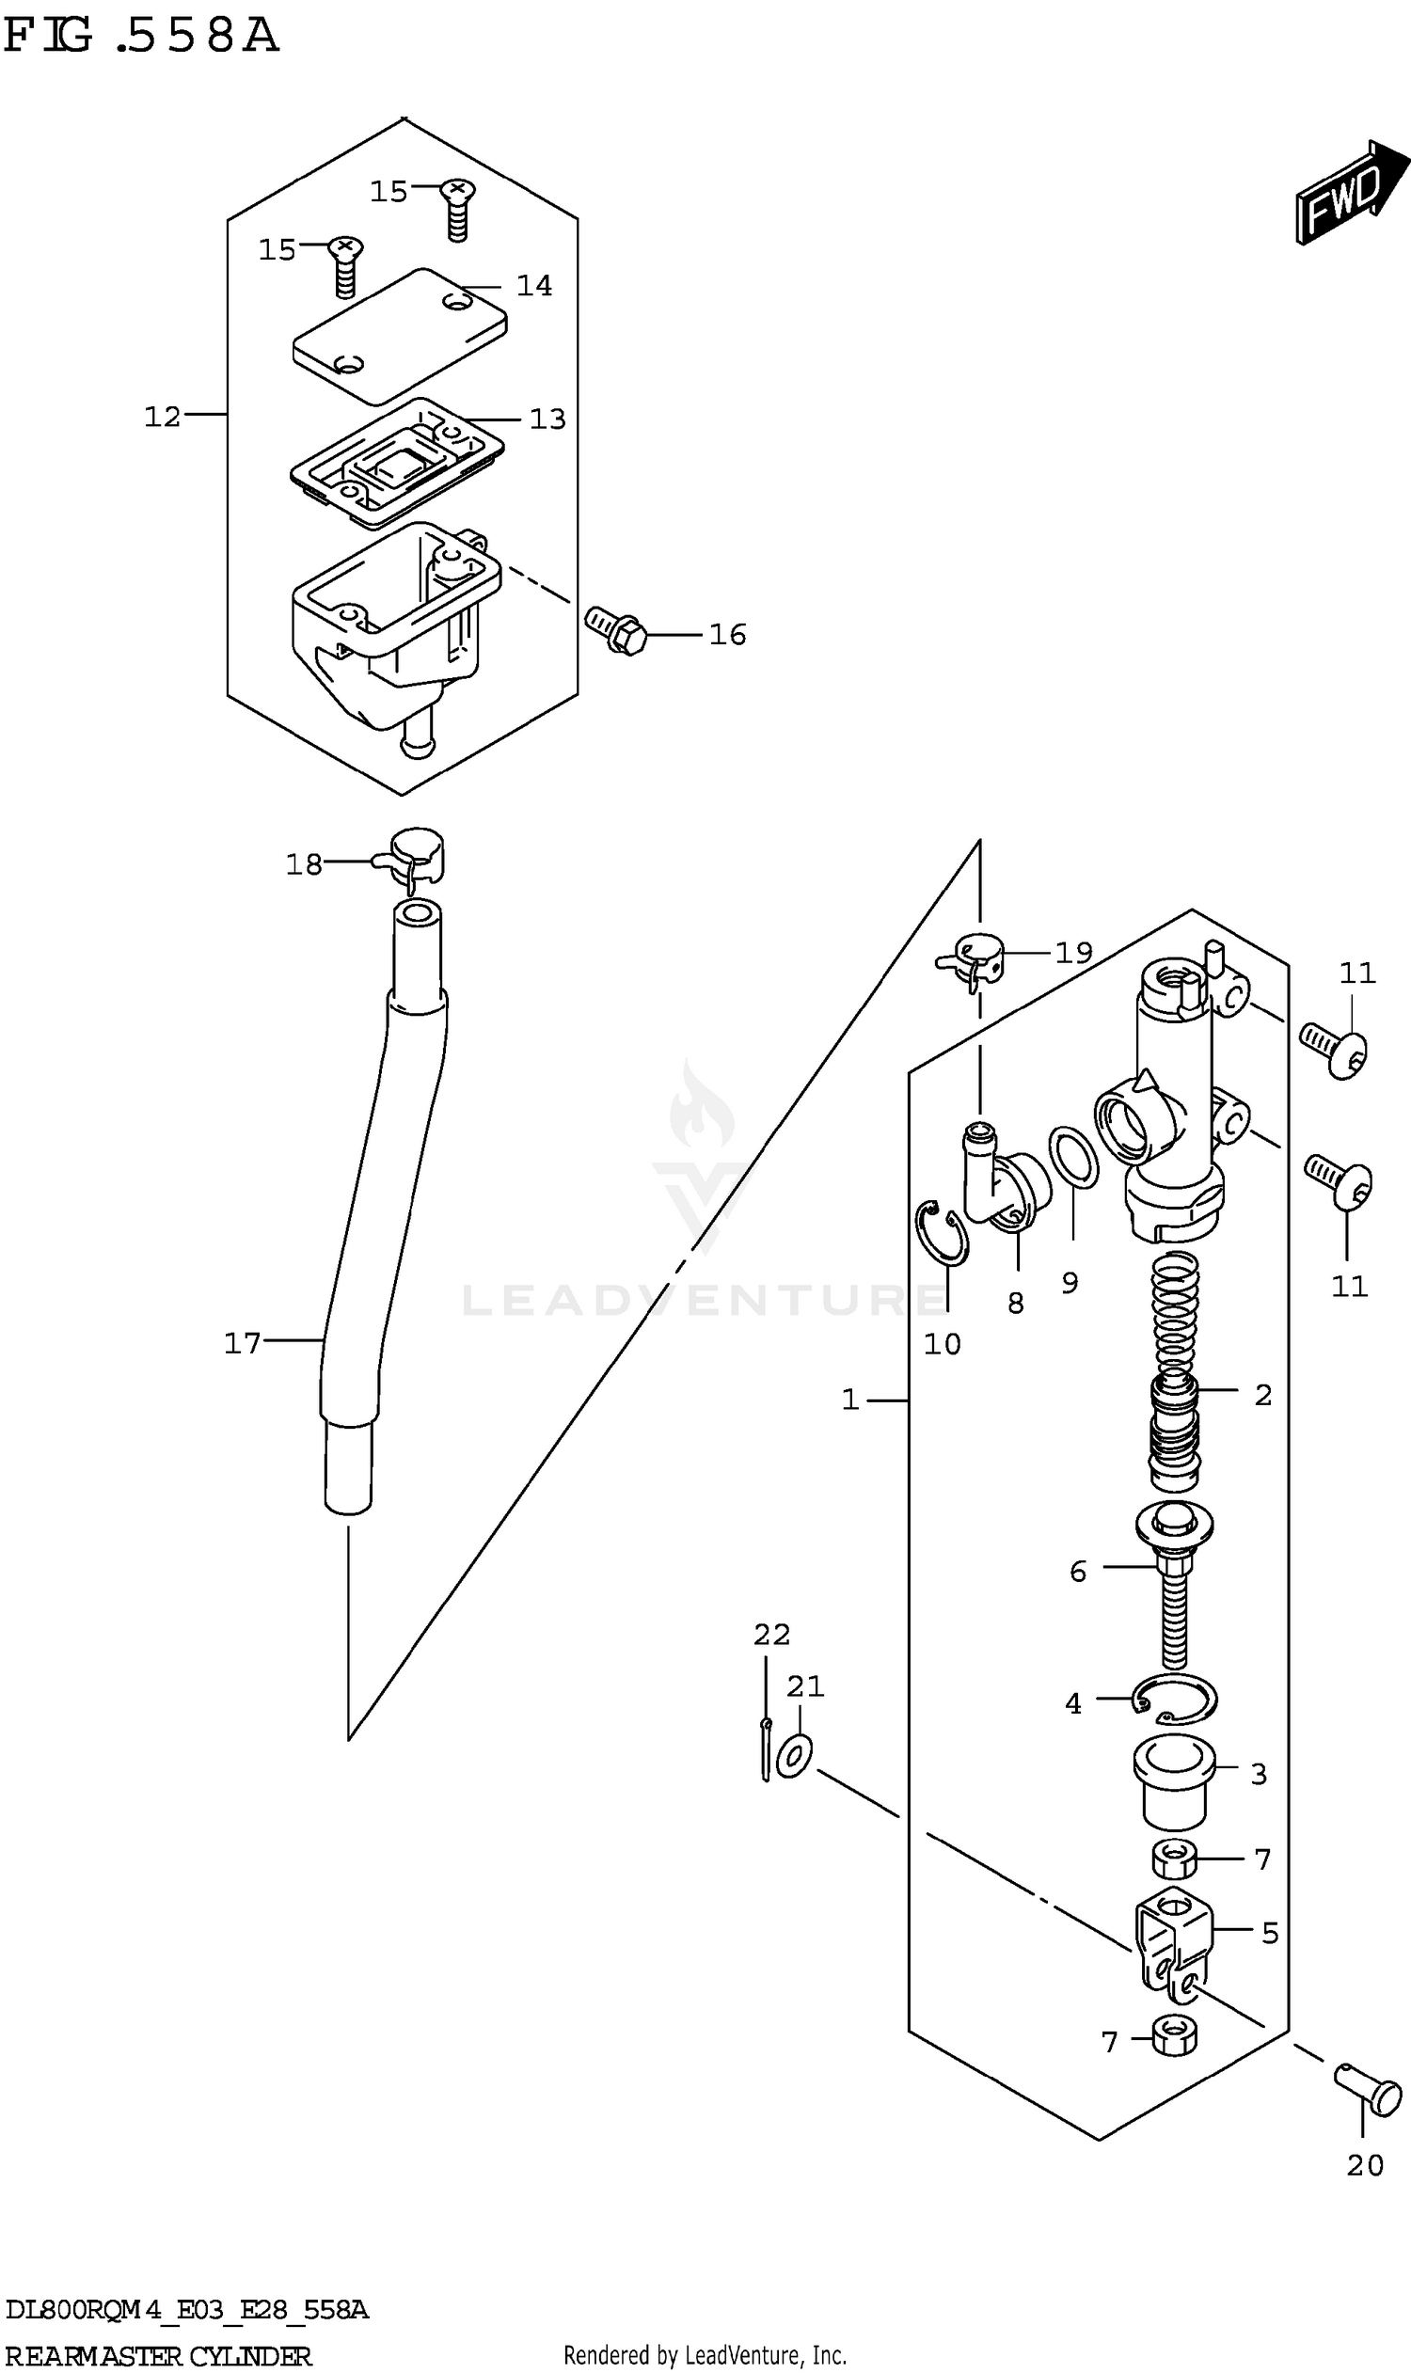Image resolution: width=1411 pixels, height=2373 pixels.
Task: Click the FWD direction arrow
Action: pos(1351,194)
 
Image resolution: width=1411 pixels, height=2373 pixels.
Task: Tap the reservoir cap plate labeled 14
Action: pos(400,336)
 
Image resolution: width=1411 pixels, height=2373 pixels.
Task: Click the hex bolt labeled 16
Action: pos(616,630)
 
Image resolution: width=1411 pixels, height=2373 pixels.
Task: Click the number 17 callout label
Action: pos(242,1343)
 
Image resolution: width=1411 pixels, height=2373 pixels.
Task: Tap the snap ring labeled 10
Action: pos(942,1234)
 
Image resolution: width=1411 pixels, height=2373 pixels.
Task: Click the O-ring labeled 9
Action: pos(1073,1158)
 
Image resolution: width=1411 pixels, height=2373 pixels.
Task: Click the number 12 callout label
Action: pos(162,417)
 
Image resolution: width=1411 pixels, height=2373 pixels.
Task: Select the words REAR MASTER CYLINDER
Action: pos(158,2356)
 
